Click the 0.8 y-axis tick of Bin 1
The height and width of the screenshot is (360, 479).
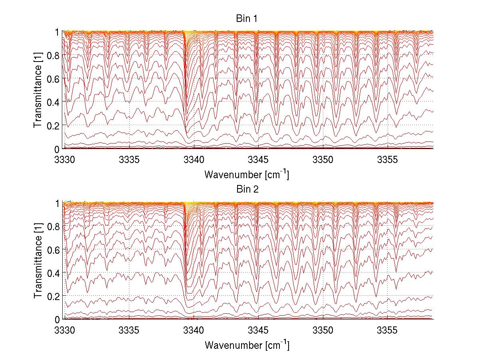[x=54, y=55]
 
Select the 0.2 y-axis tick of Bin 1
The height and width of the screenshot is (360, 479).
[x=54, y=125]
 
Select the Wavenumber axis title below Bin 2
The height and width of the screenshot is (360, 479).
[x=246, y=345]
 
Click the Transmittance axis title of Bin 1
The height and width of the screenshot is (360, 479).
[x=38, y=90]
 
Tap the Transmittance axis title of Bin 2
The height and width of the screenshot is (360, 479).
[x=38, y=261]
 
